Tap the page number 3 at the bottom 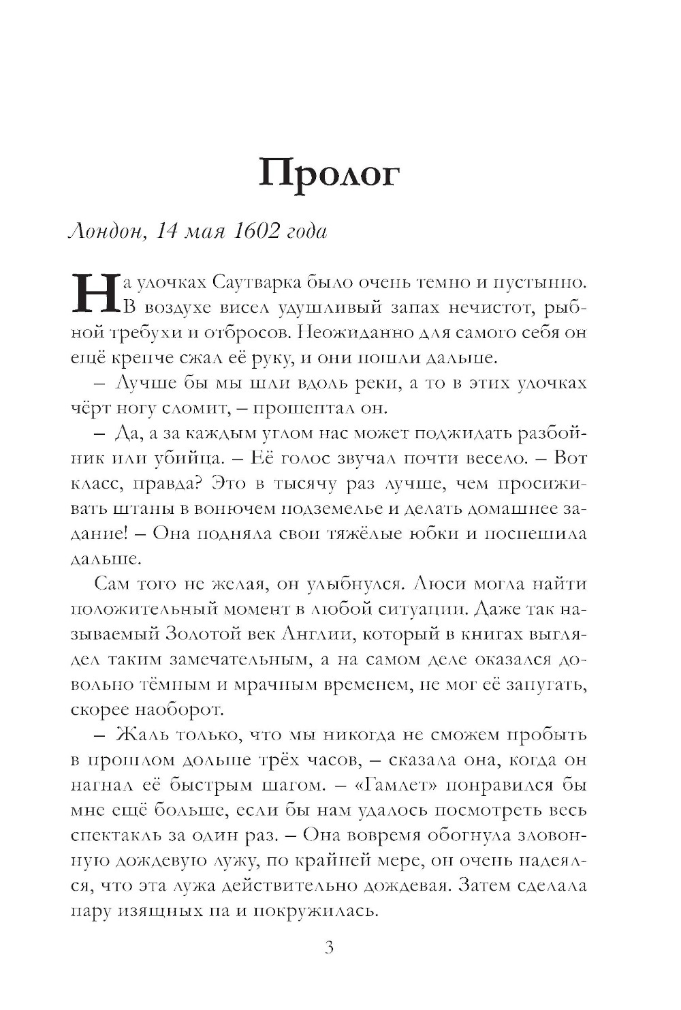coord(329,948)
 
